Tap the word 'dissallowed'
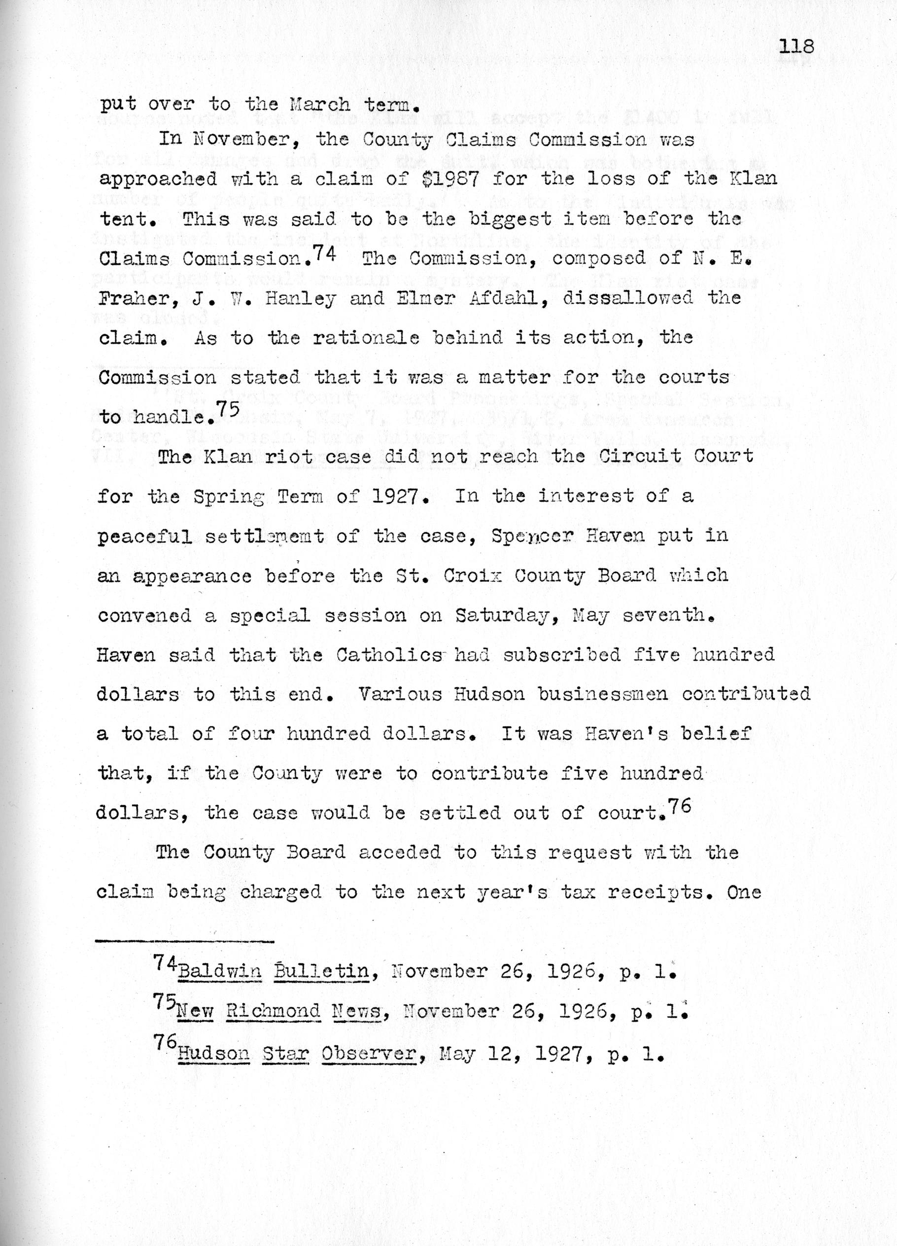(628, 298)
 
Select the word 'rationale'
(366, 337)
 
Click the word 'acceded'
(399, 852)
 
